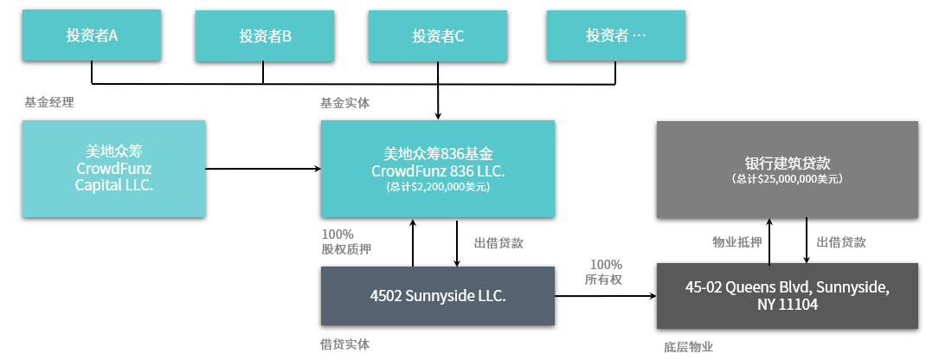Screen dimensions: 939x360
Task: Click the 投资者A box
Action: pyautogui.click(x=92, y=35)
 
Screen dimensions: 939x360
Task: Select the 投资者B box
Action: pyautogui.click(x=264, y=36)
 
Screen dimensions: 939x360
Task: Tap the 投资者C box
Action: pyautogui.click(x=438, y=36)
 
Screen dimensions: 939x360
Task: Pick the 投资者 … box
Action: pyautogui.click(x=615, y=35)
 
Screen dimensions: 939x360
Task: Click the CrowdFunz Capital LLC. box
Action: pyautogui.click(x=113, y=169)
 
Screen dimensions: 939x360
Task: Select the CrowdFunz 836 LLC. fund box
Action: pyautogui.click(x=438, y=169)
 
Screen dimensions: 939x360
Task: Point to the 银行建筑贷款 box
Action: pyautogui.click(x=787, y=170)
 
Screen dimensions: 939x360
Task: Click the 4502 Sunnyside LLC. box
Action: pyautogui.click(x=438, y=296)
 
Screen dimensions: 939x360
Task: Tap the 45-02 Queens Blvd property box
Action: pyautogui.click(x=787, y=296)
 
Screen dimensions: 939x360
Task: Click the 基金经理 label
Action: pyautogui.click(x=49, y=102)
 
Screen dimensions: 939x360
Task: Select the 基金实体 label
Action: pyautogui.click(x=345, y=103)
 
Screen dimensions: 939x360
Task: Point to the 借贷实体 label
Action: pyautogui.click(x=345, y=344)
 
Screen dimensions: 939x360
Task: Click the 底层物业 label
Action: pyautogui.click(x=689, y=347)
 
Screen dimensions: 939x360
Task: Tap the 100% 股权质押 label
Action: pyautogui.click(x=346, y=242)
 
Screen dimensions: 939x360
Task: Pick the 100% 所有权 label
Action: pyautogui.click(x=606, y=272)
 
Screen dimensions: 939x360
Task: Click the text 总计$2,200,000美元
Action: pyautogui.click(x=438, y=187)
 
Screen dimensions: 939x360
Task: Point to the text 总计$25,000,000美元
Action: pyautogui.click(x=787, y=178)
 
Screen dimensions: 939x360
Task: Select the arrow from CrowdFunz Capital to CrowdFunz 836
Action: pyautogui.click(x=263, y=169)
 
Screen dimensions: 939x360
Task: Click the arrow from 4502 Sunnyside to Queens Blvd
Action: pyautogui.click(x=606, y=296)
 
